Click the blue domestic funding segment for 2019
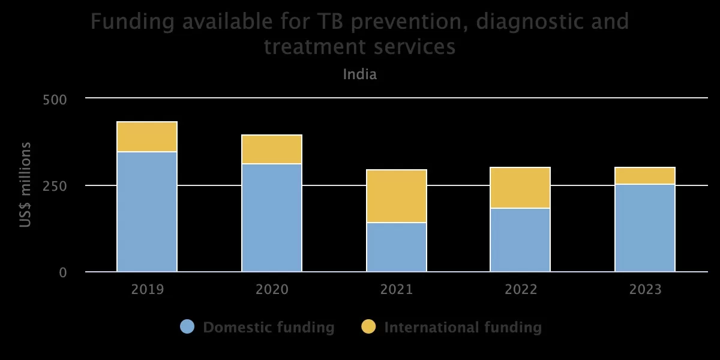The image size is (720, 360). [147, 212]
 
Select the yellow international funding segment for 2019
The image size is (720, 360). [147, 137]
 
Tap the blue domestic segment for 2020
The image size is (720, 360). [272, 218]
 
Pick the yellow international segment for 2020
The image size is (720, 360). [272, 149]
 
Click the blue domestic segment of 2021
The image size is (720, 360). [397, 247]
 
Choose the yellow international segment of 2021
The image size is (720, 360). [397, 196]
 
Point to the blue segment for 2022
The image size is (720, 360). [520, 240]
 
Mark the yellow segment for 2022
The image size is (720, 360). [520, 188]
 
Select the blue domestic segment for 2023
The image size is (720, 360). [645, 228]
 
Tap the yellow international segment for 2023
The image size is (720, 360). [645, 176]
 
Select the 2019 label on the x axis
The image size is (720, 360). [147, 290]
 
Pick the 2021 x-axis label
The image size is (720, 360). [397, 290]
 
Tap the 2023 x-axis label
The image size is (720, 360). [645, 290]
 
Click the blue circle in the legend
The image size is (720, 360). [187, 327]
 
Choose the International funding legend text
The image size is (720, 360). [463, 328]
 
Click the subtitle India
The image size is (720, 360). [360, 75]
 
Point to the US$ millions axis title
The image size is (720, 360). [26, 185]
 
